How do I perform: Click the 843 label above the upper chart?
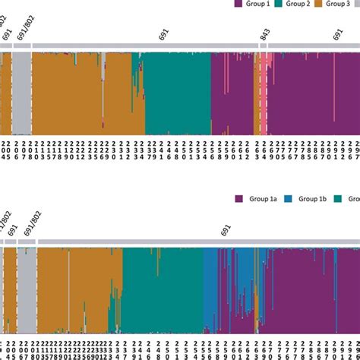click(x=264, y=34)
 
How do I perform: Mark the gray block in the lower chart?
click(x=27, y=289)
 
